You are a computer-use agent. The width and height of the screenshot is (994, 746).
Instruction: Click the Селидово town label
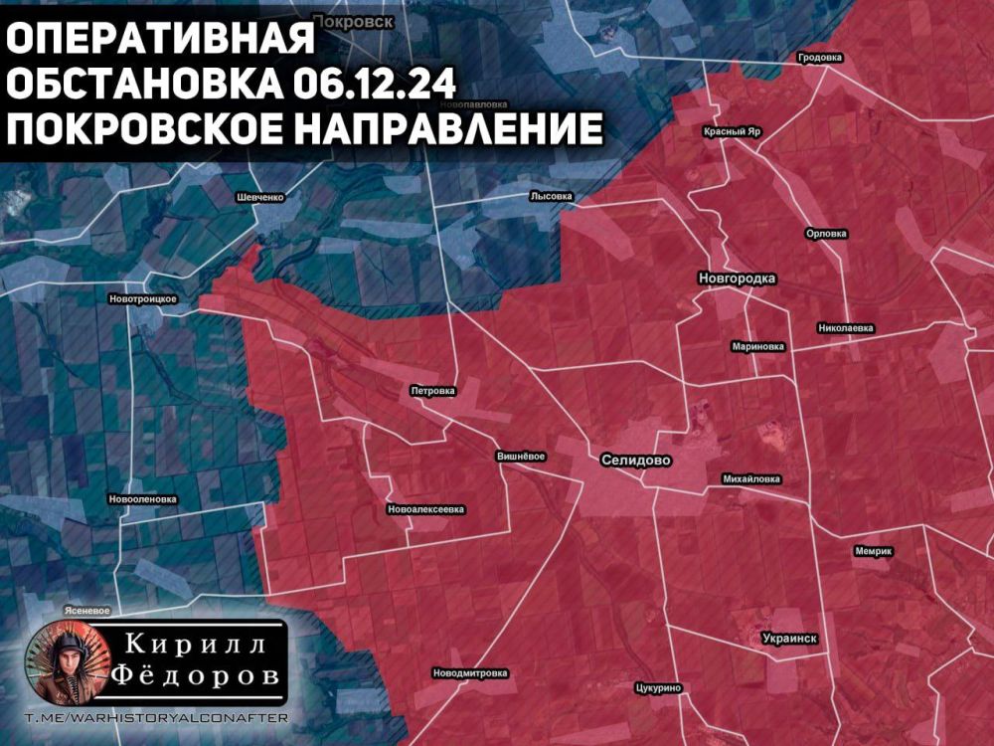[x=636, y=461]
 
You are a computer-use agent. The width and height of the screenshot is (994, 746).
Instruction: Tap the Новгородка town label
[x=737, y=279]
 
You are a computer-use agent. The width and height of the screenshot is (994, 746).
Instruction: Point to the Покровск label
[x=353, y=20]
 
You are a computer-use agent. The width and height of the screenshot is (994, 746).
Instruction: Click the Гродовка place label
[x=820, y=58]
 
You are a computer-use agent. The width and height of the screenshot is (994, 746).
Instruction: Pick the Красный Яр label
[x=733, y=131]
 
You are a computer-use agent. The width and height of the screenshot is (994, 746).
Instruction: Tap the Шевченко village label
[x=260, y=197]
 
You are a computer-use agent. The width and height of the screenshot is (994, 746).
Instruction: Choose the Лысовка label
[x=552, y=197]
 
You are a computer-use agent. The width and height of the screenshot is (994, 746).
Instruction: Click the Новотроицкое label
[x=143, y=299]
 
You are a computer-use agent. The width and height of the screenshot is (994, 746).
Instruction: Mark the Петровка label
[x=432, y=391]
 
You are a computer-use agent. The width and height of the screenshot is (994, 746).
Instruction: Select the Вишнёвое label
[x=522, y=457]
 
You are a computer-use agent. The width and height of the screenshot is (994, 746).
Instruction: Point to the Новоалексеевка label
[x=426, y=509]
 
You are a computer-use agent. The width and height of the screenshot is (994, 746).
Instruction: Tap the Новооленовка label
[x=142, y=499]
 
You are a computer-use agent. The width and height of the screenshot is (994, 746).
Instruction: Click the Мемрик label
[x=874, y=551]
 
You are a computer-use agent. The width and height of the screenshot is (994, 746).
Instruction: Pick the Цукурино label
[x=657, y=687]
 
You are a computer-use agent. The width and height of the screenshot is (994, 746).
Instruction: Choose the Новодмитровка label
[x=470, y=673]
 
